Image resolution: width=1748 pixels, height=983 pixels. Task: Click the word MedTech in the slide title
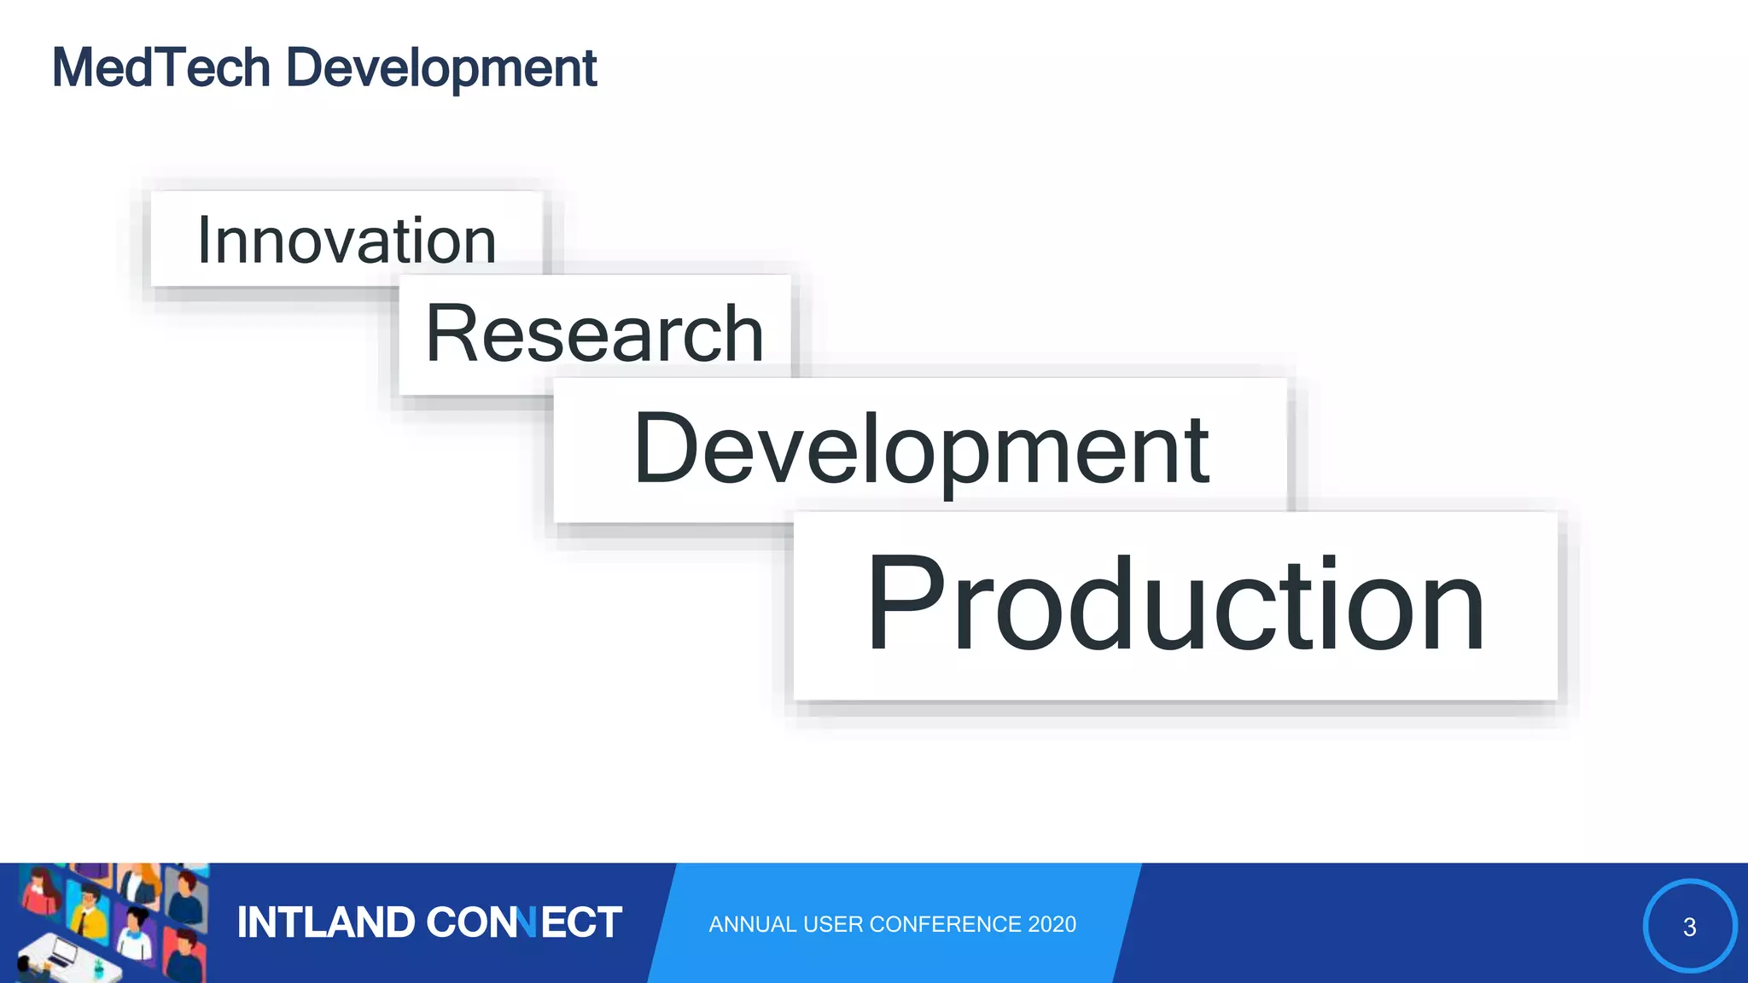click(x=160, y=68)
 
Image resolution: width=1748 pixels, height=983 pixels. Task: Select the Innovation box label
click(x=347, y=241)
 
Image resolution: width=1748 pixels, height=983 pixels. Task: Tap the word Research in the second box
click(x=594, y=334)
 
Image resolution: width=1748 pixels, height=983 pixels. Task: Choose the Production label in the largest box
click(x=1175, y=604)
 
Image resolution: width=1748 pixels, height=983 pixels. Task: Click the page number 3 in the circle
click(x=1689, y=928)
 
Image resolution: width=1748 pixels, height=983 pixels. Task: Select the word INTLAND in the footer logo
click(x=325, y=923)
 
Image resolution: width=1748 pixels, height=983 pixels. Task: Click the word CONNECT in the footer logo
click(x=523, y=923)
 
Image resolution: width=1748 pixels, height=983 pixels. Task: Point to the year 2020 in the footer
click(x=1052, y=924)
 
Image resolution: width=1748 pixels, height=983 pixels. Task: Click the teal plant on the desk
click(x=99, y=968)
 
